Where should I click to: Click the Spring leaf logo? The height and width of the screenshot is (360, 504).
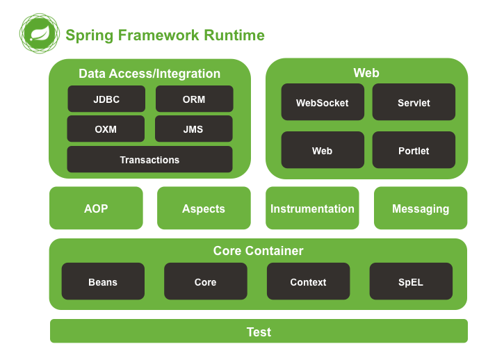[39, 33]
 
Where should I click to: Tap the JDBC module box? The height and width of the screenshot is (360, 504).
[106, 99]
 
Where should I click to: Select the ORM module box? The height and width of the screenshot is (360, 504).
[194, 99]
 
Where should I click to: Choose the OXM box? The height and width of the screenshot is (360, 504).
[106, 129]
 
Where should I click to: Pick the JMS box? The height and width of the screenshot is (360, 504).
[193, 129]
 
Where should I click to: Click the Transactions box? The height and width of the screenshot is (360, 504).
[149, 159]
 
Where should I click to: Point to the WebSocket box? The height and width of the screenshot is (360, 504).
[323, 102]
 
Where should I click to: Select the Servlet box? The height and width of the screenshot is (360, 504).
[414, 102]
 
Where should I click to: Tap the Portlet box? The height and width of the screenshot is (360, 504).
[414, 150]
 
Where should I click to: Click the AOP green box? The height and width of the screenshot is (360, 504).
[96, 208]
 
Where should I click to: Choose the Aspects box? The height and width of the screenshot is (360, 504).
[204, 208]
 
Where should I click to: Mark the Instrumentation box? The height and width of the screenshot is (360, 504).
[312, 208]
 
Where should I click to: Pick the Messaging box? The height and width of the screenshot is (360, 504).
[421, 208]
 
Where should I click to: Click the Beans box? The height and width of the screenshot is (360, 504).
[103, 281]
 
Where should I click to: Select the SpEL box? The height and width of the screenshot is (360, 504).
[411, 281]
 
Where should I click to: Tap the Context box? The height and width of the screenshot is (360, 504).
[308, 281]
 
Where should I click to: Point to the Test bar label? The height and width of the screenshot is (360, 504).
[259, 332]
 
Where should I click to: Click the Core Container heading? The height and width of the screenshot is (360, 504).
[258, 251]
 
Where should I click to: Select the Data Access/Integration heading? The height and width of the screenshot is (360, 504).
[149, 74]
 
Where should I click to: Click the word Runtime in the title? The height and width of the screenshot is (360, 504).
[234, 35]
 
